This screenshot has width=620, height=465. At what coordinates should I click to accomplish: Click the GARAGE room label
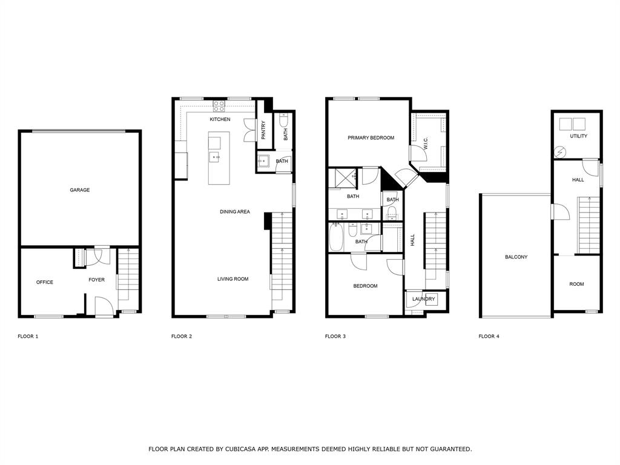79,190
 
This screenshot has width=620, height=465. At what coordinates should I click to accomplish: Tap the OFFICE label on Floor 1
45,282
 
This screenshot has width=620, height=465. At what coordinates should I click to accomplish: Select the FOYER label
96,280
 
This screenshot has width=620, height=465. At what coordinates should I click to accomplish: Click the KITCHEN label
220,119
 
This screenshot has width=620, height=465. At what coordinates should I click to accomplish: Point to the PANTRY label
263,130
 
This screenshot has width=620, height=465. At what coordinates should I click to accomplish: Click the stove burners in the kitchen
219,106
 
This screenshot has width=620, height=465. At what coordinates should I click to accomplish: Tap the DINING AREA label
234,212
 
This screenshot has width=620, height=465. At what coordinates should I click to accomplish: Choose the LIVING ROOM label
233,279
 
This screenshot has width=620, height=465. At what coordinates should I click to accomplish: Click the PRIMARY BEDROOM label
371,138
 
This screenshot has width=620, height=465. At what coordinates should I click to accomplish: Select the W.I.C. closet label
426,143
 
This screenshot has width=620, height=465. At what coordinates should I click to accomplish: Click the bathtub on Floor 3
336,237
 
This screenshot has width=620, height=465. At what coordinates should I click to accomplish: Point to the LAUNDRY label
423,299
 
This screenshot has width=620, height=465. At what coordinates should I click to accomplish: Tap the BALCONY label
516,257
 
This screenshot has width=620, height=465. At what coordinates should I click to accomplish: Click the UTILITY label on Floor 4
578,136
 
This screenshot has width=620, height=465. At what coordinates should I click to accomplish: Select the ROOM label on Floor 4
576,284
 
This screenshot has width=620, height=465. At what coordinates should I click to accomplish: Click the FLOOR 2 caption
182,336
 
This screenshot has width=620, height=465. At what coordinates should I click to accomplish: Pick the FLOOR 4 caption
489,336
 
